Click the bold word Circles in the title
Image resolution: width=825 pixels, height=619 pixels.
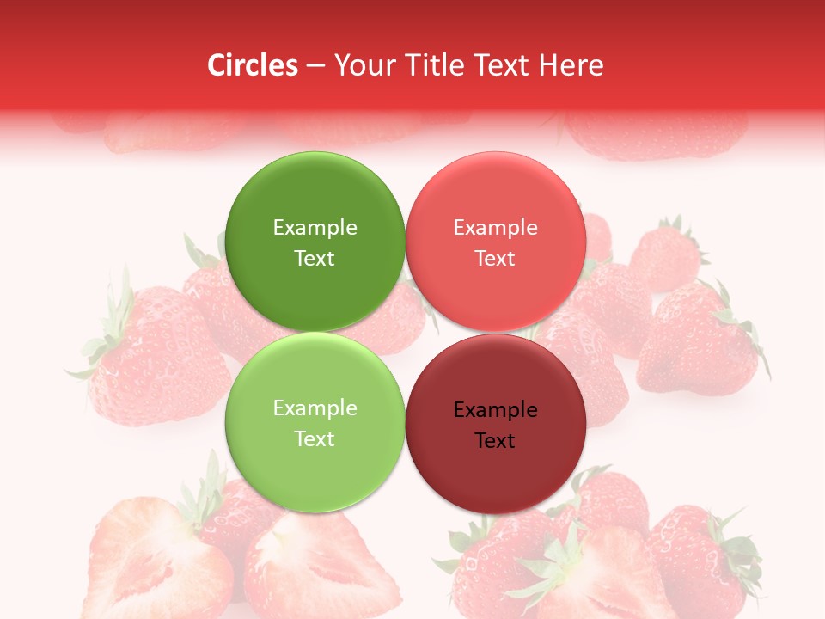[252, 65]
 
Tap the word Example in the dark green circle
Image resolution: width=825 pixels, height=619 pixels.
[315, 228]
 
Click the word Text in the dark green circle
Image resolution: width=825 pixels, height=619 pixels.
[315, 258]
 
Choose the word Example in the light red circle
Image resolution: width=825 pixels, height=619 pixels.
[495, 228]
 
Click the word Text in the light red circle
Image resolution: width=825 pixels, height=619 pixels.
[495, 258]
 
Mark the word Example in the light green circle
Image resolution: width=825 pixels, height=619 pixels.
[315, 408]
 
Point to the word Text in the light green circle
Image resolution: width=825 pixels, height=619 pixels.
[315, 438]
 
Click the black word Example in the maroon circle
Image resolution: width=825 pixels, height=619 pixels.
[495, 410]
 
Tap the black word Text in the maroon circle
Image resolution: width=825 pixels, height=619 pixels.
[495, 440]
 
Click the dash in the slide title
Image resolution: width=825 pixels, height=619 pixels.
[315, 65]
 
